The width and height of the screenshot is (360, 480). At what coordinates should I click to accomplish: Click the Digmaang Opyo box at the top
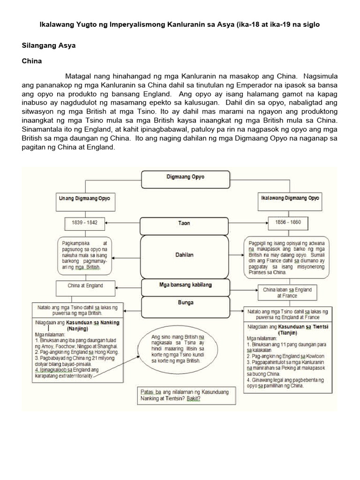click(185, 178)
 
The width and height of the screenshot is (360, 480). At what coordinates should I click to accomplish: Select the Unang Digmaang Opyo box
click(84, 199)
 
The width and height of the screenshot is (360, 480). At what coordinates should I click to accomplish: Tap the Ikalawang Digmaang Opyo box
click(290, 198)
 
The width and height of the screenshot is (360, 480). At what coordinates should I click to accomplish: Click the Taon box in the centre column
click(185, 223)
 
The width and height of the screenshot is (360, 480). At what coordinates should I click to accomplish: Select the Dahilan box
click(185, 255)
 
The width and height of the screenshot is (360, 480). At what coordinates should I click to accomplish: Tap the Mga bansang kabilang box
click(185, 285)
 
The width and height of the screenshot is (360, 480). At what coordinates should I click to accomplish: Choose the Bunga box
click(185, 302)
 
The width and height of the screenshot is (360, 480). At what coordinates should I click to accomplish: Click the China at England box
click(85, 285)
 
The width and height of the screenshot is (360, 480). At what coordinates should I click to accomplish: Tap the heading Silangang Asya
click(49, 46)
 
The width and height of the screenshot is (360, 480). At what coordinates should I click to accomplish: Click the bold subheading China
click(31, 61)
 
